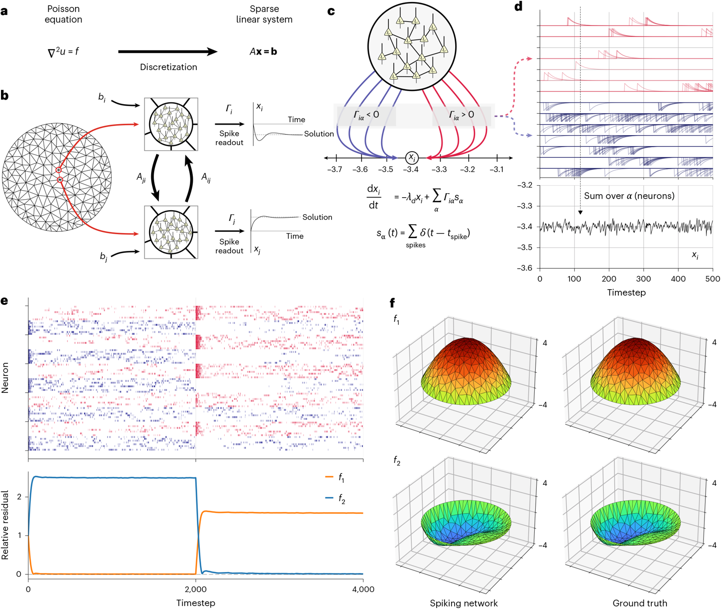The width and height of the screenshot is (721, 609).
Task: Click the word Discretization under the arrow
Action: click(168, 67)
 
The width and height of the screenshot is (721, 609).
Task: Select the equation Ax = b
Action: click(263, 52)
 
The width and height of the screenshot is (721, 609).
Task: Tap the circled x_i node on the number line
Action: click(412, 158)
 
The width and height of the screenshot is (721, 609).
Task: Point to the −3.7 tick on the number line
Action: click(334, 169)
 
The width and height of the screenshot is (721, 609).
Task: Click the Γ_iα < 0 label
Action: click(367, 115)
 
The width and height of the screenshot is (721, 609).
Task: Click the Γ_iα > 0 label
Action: click(461, 115)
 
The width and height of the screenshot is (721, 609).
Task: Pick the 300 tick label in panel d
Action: click(643, 279)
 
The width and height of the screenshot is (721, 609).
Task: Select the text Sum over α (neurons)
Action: click(629, 196)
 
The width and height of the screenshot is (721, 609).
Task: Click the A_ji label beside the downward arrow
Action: click(141, 177)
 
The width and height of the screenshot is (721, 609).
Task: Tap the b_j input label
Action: click(104, 257)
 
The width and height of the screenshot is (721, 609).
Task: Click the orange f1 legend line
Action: click(329, 477)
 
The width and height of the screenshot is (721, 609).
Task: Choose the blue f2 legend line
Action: click(329, 498)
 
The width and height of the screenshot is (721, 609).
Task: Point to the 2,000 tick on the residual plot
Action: click(195, 589)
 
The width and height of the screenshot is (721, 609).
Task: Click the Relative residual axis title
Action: click(6, 525)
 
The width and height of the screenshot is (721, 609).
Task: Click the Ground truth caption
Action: click(639, 603)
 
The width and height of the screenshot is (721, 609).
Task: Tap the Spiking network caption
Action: click(464, 603)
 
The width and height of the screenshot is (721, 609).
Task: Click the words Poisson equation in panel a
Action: click(63, 15)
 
